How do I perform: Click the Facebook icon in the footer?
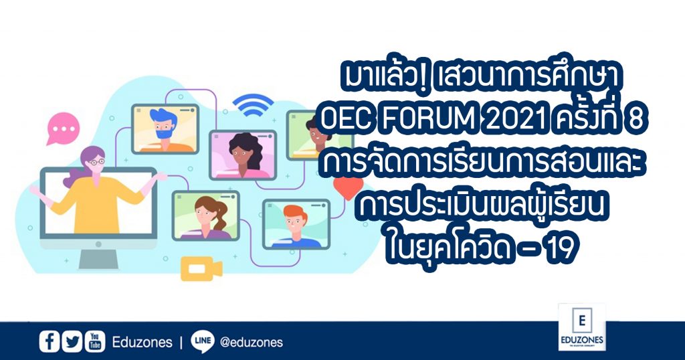[49, 342]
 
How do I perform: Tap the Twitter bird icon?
[72, 342]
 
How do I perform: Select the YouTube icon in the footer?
[95, 342]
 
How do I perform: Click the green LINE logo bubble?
[202, 341]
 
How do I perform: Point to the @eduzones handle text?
[252, 342]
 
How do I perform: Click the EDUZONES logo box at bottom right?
[582, 327]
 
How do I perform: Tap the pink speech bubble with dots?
[63, 128]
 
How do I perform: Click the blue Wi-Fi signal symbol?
[253, 105]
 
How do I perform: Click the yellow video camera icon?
[201, 268]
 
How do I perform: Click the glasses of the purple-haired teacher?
[96, 162]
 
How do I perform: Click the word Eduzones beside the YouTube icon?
[142, 342]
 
